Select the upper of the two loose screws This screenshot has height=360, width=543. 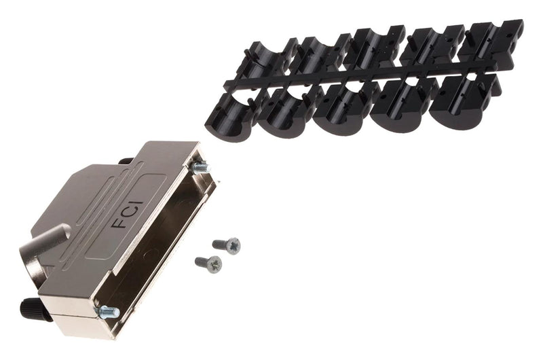[x=226, y=245]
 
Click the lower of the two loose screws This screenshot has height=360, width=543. [x=208, y=262]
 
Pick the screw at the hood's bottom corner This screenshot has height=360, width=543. [x=107, y=312]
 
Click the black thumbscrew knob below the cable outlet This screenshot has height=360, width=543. [x=32, y=310]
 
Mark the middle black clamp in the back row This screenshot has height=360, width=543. [x=369, y=49]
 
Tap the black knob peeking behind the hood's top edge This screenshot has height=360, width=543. [x=126, y=162]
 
